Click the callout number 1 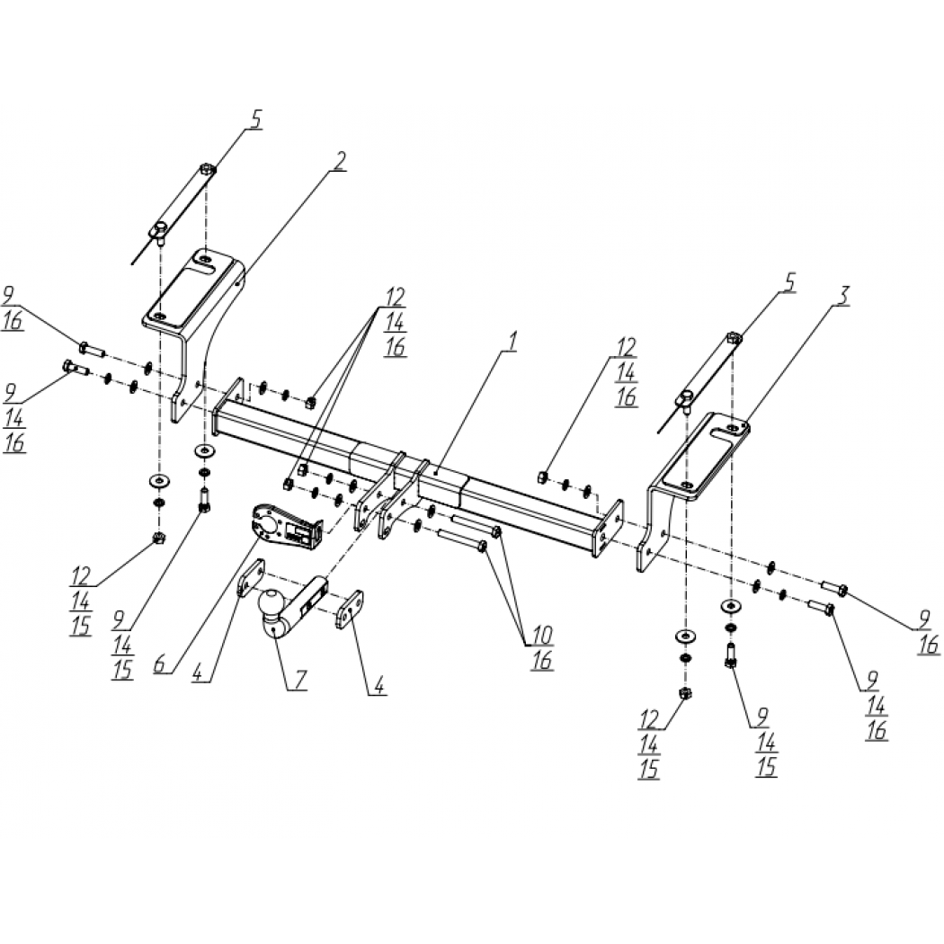[x=511, y=343]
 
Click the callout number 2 [x=340, y=161]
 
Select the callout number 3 [x=843, y=296]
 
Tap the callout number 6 [x=160, y=664]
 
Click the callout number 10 [x=542, y=634]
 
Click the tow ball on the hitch [x=272, y=601]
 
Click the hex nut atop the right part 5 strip [x=733, y=338]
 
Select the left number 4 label [x=200, y=672]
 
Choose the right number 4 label [x=378, y=686]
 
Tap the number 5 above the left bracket [x=256, y=119]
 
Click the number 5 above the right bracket [x=789, y=283]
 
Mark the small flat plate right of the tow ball [x=350, y=610]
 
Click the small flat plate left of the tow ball [x=251, y=577]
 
